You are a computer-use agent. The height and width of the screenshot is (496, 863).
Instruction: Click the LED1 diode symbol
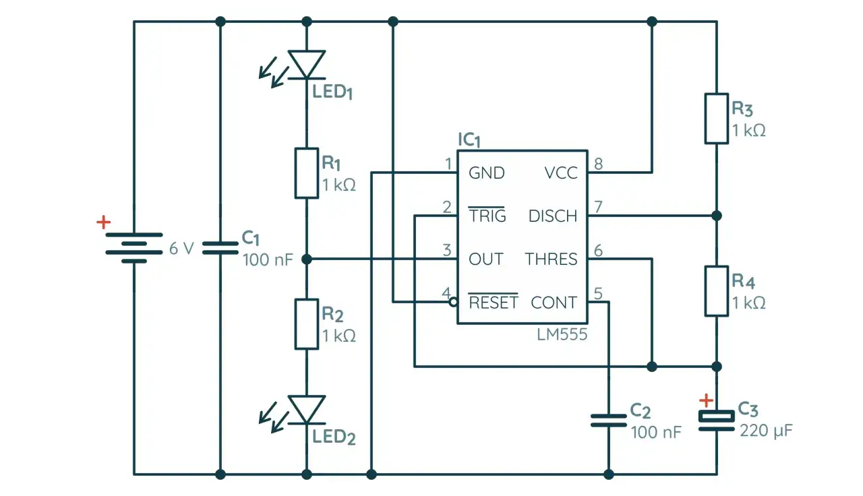[307, 65]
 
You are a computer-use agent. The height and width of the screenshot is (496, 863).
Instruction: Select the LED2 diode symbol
[307, 410]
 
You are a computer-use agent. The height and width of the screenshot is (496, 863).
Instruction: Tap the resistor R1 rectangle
[307, 173]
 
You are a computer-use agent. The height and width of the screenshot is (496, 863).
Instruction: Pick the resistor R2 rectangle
[307, 324]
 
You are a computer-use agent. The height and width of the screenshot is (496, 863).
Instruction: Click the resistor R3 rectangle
[717, 119]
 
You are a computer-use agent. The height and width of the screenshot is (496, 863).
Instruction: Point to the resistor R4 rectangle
[717, 291]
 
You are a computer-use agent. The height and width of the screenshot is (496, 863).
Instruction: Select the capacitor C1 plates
[220, 248]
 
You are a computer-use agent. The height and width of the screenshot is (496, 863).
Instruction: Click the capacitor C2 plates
[609, 421]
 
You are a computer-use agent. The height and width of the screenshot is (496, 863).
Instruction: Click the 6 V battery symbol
[134, 248]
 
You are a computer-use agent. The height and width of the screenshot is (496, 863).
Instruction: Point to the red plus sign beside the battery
[103, 222]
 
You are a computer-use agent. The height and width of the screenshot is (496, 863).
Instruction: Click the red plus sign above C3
[705, 400]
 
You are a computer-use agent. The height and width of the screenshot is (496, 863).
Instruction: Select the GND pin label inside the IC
[486, 173]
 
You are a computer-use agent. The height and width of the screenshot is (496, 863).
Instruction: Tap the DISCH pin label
[553, 216]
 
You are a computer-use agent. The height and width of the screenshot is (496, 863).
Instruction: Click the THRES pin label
[551, 259]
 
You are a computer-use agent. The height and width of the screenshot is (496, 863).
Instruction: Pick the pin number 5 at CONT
[597, 294]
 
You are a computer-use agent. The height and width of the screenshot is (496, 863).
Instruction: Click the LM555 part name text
[563, 334]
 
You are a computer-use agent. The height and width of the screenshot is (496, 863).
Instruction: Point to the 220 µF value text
[766, 431]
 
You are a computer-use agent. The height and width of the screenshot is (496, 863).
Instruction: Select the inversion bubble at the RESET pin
[454, 303]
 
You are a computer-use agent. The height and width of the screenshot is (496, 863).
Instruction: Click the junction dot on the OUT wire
[307, 259]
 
